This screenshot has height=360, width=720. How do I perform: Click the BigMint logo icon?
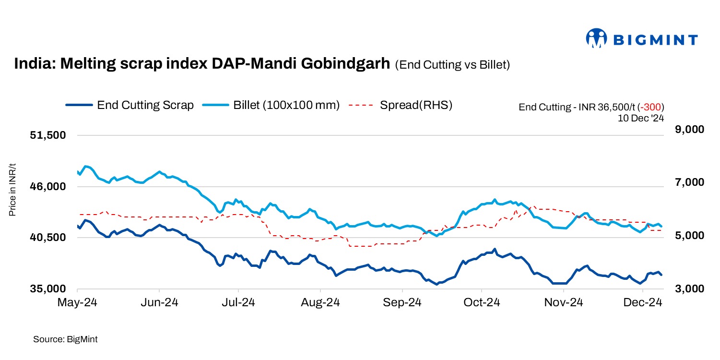597,38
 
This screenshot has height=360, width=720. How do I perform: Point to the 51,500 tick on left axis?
47,135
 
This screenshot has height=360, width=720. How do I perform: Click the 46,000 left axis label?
47,187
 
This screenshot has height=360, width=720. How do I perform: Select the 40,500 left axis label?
47,238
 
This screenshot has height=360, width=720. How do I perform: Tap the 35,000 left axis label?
47,289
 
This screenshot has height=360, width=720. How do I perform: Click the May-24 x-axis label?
77,302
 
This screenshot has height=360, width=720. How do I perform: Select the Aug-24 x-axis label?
320,302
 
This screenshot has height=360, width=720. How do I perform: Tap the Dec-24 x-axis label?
643,302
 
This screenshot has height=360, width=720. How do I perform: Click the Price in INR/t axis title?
13,190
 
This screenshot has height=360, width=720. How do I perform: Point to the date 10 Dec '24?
641,117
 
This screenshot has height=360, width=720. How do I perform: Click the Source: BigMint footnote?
65,339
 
